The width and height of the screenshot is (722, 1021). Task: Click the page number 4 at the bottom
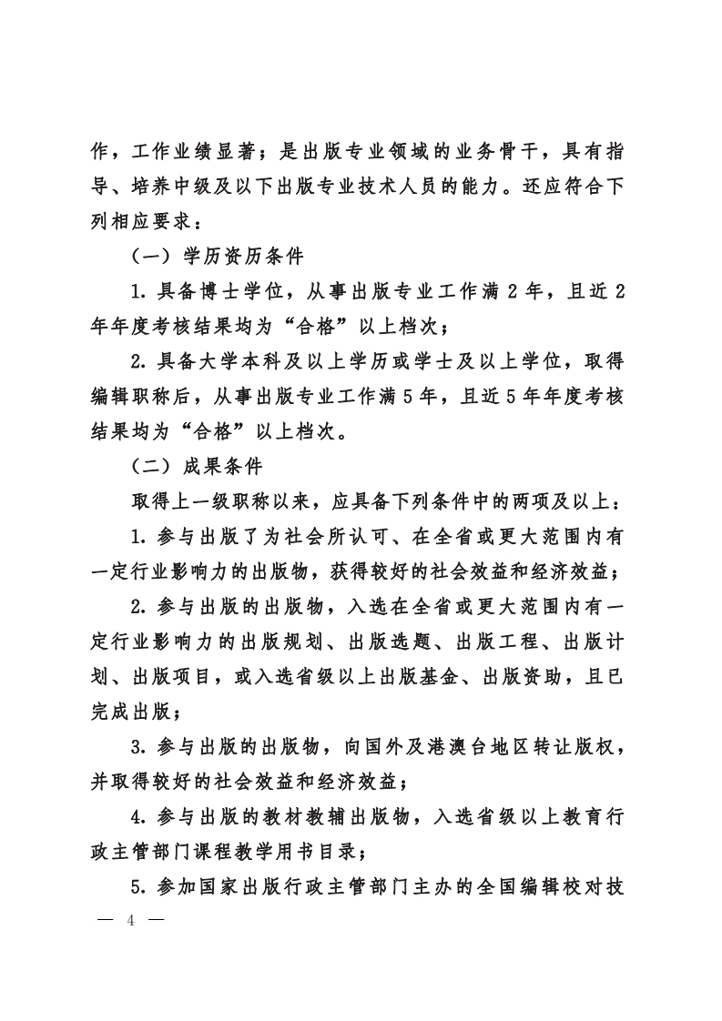click(x=131, y=919)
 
